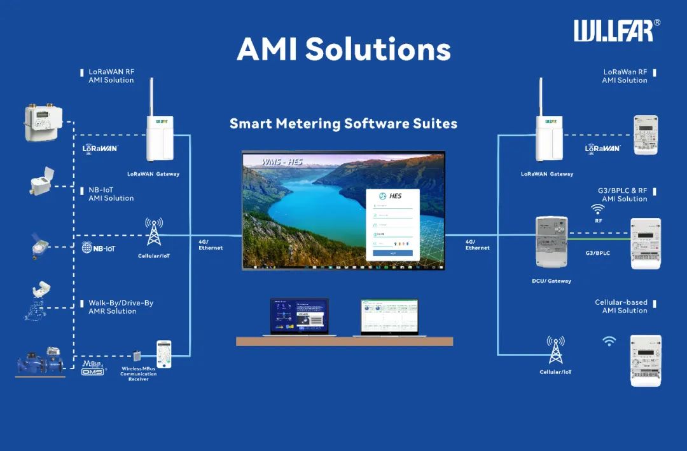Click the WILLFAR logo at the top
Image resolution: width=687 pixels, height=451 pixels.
click(x=613, y=30)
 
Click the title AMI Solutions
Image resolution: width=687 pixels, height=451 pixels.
click(x=343, y=50)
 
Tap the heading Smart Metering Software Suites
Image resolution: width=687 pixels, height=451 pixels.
click(x=343, y=123)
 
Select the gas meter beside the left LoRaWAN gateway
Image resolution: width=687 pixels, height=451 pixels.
click(x=43, y=123)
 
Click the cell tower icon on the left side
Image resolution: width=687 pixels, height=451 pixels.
click(x=154, y=233)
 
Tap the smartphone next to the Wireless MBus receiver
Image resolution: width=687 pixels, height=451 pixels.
click(x=164, y=354)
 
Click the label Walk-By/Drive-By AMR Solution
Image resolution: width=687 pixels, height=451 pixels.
click(x=120, y=307)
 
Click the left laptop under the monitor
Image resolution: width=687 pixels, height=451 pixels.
click(x=300, y=317)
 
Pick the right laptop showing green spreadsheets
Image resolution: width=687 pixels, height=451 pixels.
click(x=389, y=317)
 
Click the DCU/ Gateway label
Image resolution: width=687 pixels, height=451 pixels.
click(x=551, y=281)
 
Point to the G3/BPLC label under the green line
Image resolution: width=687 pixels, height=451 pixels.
click(x=597, y=253)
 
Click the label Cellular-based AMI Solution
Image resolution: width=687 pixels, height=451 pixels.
click(x=621, y=306)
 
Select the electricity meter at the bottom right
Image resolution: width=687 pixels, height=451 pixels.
click(x=645, y=360)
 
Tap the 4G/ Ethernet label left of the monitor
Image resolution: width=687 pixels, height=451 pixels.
click(x=211, y=245)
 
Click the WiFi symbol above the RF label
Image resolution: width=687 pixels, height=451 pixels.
click(x=598, y=209)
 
